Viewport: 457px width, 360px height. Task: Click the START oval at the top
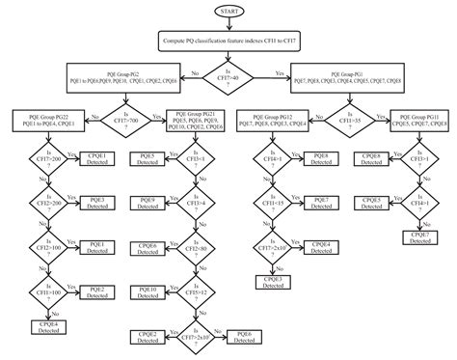(228, 11)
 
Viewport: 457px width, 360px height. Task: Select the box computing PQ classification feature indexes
(228, 42)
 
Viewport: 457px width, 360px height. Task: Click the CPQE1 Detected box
(95, 159)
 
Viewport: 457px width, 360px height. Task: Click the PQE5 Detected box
(148, 159)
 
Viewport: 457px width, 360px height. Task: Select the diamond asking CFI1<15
(272, 202)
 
